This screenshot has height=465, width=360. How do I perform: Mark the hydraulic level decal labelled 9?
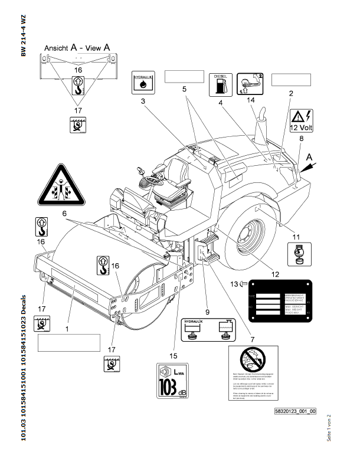point(207,329)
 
